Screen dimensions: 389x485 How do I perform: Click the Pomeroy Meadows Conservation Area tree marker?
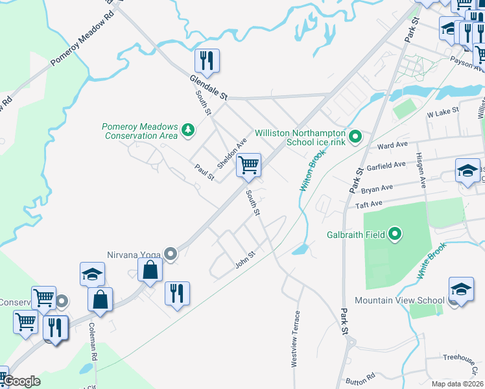tap(188, 130)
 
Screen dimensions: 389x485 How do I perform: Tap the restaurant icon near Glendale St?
tap(207, 61)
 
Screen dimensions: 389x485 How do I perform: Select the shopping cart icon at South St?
tap(248, 165)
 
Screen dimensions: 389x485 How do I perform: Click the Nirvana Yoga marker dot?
tap(171, 253)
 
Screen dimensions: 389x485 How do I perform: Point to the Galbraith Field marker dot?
tap(396, 234)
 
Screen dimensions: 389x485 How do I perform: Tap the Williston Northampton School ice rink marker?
tap(355, 137)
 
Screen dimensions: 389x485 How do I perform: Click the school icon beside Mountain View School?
tap(461, 289)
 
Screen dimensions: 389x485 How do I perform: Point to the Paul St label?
tap(204, 172)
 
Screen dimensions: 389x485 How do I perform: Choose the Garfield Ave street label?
tap(386, 166)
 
